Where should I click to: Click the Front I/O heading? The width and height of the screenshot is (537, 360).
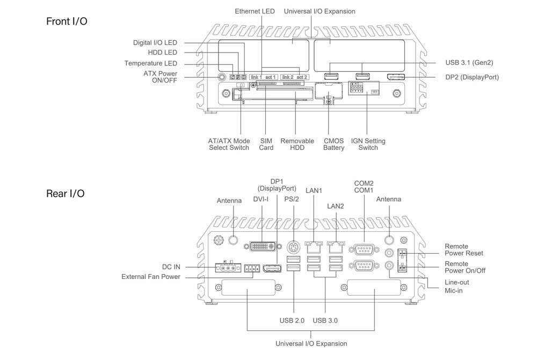67,21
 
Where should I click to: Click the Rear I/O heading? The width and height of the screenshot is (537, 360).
65,193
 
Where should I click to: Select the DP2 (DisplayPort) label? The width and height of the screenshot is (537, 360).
472,77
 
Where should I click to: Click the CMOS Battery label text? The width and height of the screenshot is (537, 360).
333,144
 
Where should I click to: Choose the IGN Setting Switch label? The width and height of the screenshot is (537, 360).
368,144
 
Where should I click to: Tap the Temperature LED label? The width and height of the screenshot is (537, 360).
150,63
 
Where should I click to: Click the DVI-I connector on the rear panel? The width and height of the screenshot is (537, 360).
264,247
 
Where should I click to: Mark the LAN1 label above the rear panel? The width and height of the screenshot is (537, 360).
313,190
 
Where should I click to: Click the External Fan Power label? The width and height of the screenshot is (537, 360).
151,277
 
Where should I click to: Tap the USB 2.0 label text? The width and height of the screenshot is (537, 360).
292,320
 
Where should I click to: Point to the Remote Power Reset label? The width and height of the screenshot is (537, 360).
464,249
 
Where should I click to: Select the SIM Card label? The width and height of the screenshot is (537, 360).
266,144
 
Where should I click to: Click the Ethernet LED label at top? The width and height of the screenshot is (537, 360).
255,11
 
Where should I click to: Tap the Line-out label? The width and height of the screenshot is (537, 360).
456,282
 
